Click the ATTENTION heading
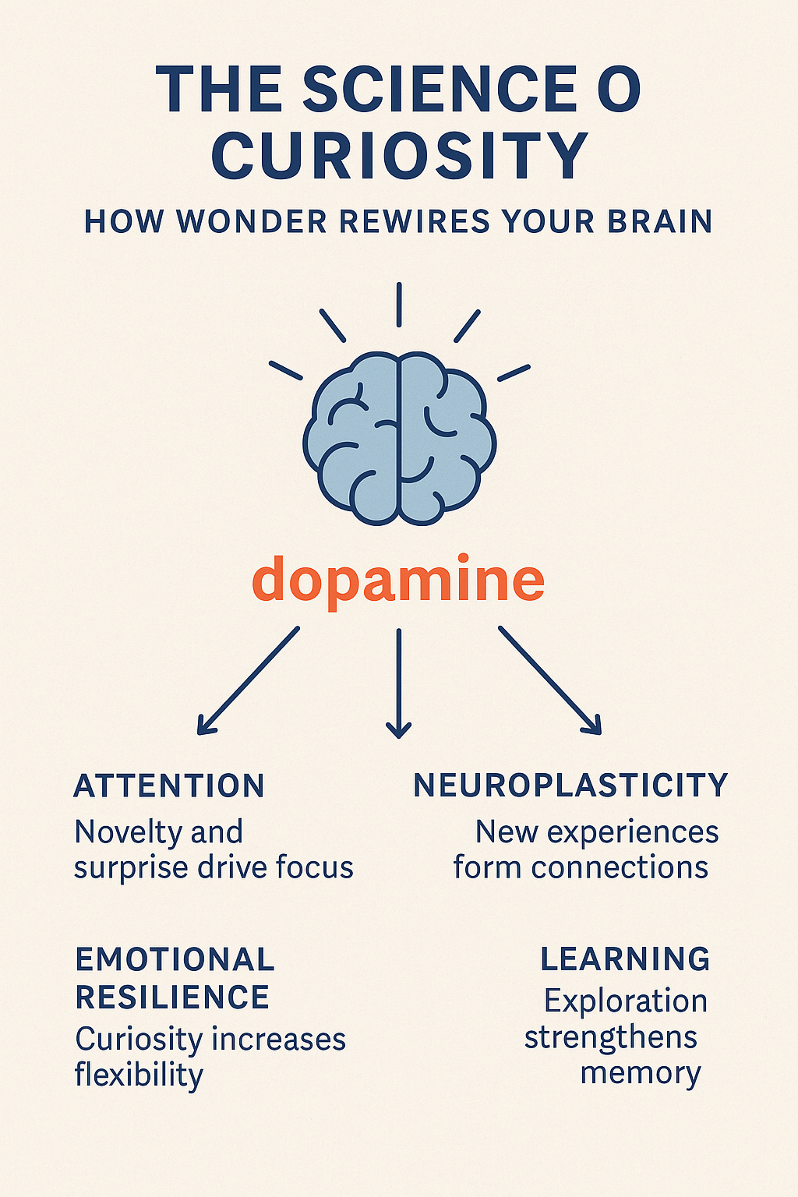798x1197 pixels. [169, 786]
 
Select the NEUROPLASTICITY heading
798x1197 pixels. [570, 786]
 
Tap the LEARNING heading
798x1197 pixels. [625, 959]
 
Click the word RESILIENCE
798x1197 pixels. [172, 997]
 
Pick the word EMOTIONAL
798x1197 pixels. [175, 959]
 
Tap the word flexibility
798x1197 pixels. [139, 1075]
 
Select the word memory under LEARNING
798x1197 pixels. [641, 1074]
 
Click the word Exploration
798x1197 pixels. [626, 1001]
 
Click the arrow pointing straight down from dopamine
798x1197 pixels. [398, 682]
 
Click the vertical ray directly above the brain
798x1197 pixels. [398, 305]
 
